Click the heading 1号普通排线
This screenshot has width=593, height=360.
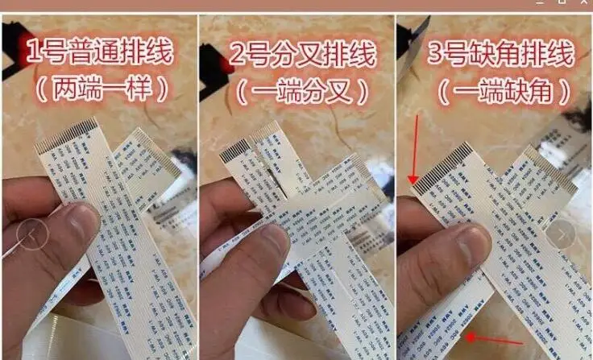(x=99, y=56)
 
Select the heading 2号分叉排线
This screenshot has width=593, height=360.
(x=304, y=56)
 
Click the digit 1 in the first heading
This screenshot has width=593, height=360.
(x=35, y=56)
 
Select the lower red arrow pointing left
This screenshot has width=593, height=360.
(x=494, y=339)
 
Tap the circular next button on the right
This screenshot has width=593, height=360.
(x=562, y=235)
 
